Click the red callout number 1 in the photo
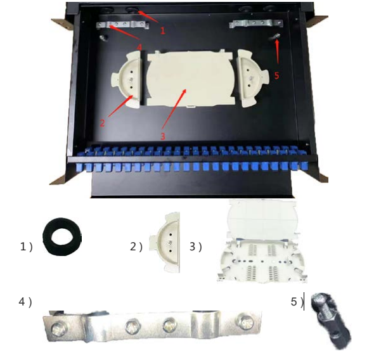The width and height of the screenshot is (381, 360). [163, 30]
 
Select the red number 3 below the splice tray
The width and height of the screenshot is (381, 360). [162, 135]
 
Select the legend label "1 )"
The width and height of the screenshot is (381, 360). [26, 247]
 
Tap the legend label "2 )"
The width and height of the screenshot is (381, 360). [136, 247]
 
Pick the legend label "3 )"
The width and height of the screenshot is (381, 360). [195, 247]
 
